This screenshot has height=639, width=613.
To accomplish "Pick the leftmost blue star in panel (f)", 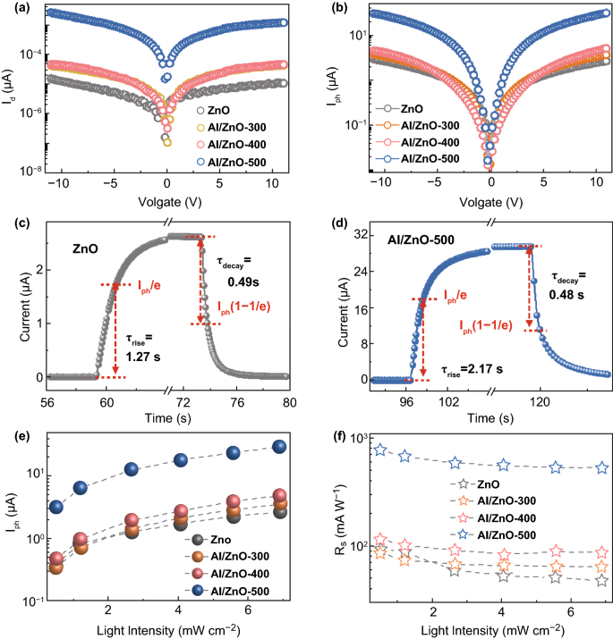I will coord(381,449).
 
